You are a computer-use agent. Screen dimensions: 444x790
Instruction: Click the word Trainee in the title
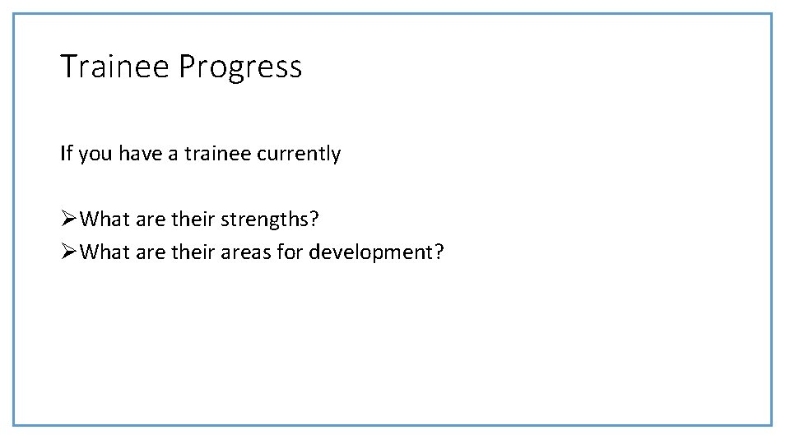(x=115, y=67)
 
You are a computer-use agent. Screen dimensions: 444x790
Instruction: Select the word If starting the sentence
(x=65, y=153)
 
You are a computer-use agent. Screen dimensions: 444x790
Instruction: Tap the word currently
(x=300, y=154)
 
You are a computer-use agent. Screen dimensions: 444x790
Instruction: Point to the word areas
(x=246, y=252)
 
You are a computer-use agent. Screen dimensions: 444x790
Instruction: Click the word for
(x=290, y=252)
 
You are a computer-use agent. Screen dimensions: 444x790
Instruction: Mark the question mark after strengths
(x=314, y=219)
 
